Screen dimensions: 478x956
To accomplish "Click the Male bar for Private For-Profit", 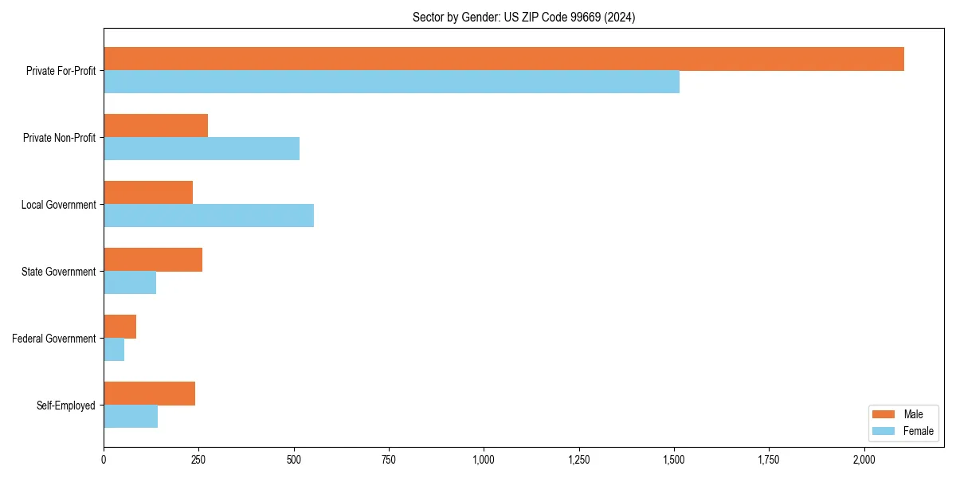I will point(503,59).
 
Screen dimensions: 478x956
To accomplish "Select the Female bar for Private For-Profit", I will point(391,82).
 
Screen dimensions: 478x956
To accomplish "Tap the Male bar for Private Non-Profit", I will point(155,126).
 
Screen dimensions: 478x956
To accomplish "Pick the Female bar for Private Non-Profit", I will point(202,149).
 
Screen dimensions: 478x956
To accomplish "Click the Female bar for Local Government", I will point(209,216).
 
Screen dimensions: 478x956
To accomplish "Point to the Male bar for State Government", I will point(153,260).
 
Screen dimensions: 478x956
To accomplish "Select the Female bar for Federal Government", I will point(114,350).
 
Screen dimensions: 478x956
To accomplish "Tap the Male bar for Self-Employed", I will point(149,394).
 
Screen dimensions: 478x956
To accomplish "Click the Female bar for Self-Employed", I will point(131,417).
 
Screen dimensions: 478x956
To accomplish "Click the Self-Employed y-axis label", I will point(65,406).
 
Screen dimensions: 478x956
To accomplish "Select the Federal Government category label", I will point(53,339).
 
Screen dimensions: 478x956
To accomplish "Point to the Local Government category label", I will point(58,205).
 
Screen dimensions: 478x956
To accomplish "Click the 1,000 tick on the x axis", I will point(484,460).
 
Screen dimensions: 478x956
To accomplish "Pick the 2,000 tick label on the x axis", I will point(864,460).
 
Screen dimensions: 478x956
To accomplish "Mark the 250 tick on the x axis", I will point(199,460).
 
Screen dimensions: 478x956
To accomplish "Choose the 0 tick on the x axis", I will point(104,460).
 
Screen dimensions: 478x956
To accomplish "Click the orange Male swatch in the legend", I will point(884,414).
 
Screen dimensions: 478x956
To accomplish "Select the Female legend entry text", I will point(918,431).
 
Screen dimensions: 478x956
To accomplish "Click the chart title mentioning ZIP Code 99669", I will point(523,18).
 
